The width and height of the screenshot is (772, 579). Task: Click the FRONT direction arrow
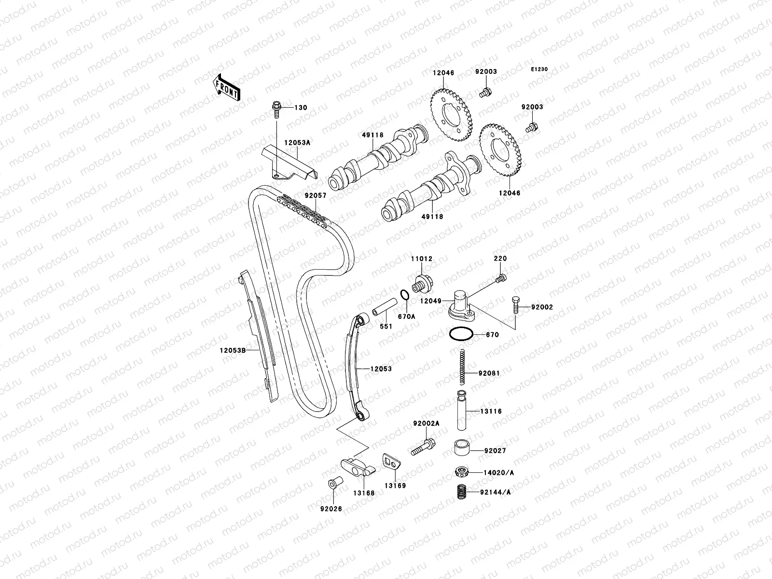coord(227,87)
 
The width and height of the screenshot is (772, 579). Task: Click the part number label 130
coord(301,108)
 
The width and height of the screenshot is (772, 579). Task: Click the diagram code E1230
coord(539,69)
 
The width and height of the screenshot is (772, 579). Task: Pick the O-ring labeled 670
coord(460,334)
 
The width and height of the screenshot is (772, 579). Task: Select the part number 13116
coord(491,412)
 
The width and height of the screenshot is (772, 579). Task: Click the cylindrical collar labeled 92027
coord(463,447)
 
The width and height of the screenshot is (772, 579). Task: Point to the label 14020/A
coord(498,473)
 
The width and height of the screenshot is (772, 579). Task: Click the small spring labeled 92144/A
coord(462,493)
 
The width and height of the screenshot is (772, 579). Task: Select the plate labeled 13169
coord(391,461)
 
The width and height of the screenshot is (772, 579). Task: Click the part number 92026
coord(331,508)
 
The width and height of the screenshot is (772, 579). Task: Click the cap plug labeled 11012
coord(423,282)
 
